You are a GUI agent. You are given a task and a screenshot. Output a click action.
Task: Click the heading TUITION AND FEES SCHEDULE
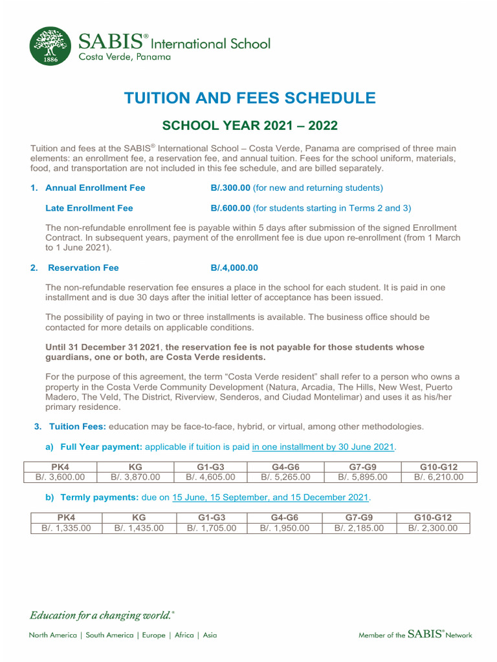pyautogui.click(x=250, y=98)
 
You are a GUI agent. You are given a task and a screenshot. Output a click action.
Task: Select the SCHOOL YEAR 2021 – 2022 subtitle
pyautogui.click(x=250, y=125)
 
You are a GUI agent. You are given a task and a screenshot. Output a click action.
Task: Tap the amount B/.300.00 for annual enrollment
pyautogui.click(x=230, y=188)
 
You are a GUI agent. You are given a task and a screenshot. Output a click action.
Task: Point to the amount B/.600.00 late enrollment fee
pyautogui.click(x=230, y=208)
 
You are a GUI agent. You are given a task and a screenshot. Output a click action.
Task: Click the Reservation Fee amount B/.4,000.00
pyautogui.click(x=234, y=268)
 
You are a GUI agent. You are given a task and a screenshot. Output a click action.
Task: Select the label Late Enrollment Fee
pyautogui.click(x=89, y=208)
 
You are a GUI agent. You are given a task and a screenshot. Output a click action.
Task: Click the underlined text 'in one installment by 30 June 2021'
pyautogui.click(x=323, y=447)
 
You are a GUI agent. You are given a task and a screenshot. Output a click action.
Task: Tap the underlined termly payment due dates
pyautogui.click(x=270, y=497)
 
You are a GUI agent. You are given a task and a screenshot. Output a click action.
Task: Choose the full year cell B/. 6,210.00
pyautogui.click(x=439, y=478)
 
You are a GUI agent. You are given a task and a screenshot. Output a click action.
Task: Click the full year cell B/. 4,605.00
pyautogui.click(x=210, y=478)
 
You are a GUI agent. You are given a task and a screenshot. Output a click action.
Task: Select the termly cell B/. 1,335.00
pyautogui.click(x=67, y=528)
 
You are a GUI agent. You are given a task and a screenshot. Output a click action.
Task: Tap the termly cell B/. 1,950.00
pyautogui.click(x=285, y=528)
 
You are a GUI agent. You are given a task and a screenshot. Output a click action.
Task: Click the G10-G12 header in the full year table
pyautogui.click(x=439, y=467)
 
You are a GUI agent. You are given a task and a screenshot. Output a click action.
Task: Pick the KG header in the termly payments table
pyautogui.click(x=139, y=517)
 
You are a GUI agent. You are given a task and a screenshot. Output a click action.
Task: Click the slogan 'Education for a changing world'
pyautogui.click(x=102, y=615)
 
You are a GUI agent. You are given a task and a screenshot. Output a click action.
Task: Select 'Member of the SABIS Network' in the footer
pyautogui.click(x=415, y=635)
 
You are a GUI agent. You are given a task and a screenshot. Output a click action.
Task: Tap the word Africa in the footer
pyautogui.click(x=184, y=635)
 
